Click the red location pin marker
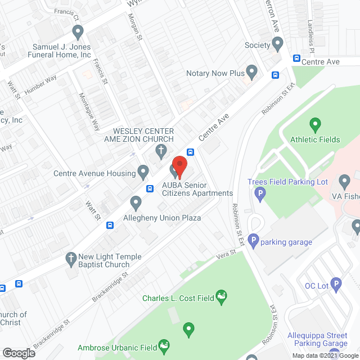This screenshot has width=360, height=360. click(x=179, y=165)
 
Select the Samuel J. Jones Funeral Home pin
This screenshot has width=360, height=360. click(x=78, y=30)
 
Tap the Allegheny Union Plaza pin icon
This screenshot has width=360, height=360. click(x=136, y=201)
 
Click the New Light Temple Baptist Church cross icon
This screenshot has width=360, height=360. click(x=71, y=258)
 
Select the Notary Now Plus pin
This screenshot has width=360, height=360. click(x=252, y=71)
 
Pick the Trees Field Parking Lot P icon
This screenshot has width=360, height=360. click(x=259, y=194)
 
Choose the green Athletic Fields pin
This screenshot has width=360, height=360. click(x=315, y=124)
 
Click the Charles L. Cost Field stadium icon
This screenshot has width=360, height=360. click(x=222, y=296)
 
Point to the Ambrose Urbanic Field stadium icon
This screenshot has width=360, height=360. click(x=164, y=344)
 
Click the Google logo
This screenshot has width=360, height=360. click(x=19, y=353)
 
